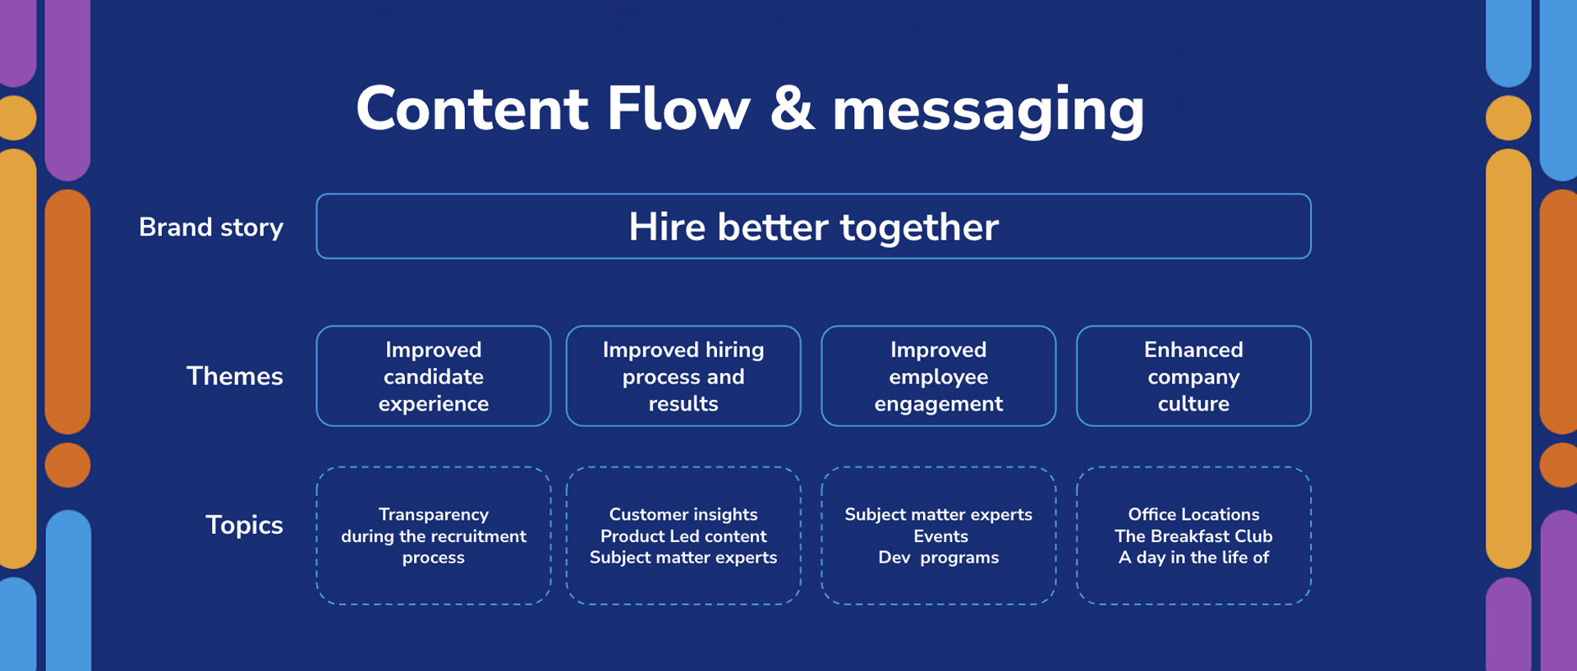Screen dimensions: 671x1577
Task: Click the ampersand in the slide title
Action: tap(793, 108)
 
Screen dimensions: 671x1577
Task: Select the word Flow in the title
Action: tap(678, 108)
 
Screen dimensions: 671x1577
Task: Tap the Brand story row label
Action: tap(211, 227)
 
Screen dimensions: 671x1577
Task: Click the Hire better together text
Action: tap(813, 227)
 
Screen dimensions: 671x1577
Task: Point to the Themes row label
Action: tap(235, 376)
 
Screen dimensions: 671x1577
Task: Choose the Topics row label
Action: tap(244, 525)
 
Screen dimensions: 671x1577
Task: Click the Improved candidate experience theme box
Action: tap(434, 376)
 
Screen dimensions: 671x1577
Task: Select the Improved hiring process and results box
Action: tap(683, 376)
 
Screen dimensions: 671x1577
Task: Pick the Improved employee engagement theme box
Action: tap(939, 376)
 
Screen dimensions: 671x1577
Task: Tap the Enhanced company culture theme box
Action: tap(1193, 376)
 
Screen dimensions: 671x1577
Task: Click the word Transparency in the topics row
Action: tap(434, 514)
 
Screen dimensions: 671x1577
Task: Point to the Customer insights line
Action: tap(683, 514)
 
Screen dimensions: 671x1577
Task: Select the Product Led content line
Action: tap(683, 536)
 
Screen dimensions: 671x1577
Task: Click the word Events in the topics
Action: tap(940, 536)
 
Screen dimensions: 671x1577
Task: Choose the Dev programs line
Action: tap(939, 558)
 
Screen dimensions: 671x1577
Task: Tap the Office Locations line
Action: tap(1193, 514)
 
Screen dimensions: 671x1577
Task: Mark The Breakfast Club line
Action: tap(1193, 536)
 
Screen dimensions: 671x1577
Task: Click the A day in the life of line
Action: tap(1193, 558)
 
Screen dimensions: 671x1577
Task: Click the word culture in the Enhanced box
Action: tap(1193, 403)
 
